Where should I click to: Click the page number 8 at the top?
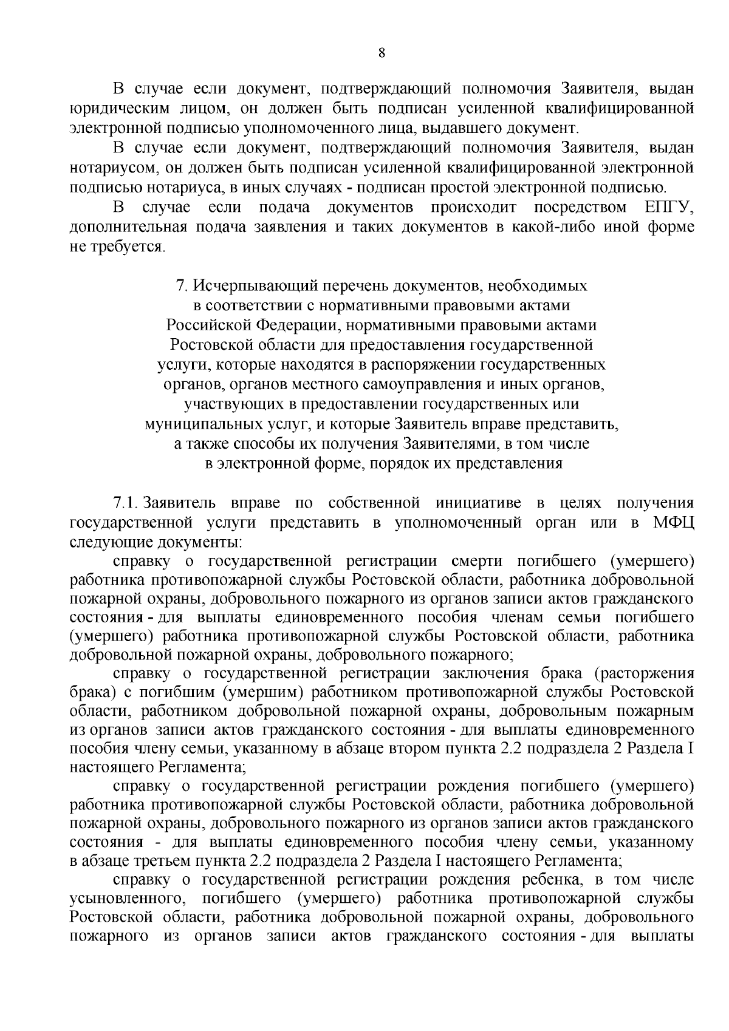click(x=382, y=53)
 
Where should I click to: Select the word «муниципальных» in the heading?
click(x=202, y=424)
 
